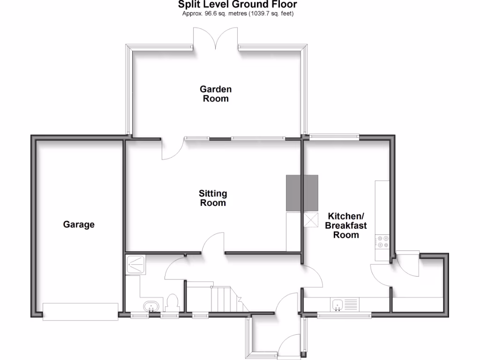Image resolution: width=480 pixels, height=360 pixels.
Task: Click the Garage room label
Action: (x=79, y=225)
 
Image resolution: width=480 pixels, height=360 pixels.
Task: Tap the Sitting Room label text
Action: (x=213, y=198)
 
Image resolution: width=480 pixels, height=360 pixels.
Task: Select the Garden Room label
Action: (x=216, y=94)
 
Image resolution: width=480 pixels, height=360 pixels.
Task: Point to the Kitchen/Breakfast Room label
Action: (x=346, y=225)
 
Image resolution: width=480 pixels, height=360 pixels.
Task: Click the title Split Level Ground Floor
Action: (x=237, y=5)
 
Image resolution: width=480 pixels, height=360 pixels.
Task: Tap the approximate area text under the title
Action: (x=238, y=14)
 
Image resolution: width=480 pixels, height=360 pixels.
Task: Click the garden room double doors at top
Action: (x=216, y=40)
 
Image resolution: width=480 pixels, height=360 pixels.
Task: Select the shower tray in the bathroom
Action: (x=136, y=265)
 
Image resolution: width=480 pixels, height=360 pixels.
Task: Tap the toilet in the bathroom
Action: (x=172, y=303)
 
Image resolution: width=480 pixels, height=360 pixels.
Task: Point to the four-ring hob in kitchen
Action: (x=382, y=241)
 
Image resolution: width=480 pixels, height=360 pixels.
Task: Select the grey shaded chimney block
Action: (x=302, y=193)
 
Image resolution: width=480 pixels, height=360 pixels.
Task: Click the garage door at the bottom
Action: (x=80, y=312)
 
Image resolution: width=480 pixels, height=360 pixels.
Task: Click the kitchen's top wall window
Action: (x=334, y=137)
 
